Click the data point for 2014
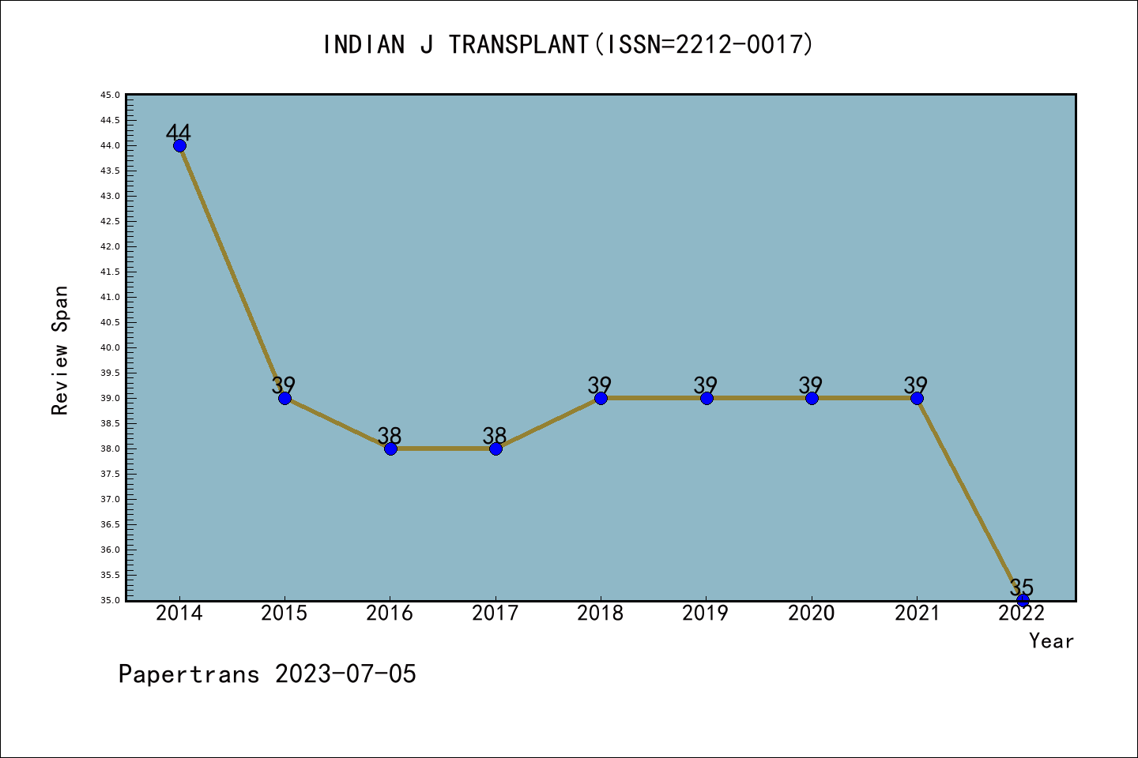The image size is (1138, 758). pyautogui.click(x=179, y=145)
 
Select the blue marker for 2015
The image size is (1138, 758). pyautogui.click(x=284, y=398)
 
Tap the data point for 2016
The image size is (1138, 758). pyautogui.click(x=390, y=448)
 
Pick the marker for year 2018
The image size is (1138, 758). pyautogui.click(x=601, y=398)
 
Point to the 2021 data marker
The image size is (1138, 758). pyautogui.click(x=917, y=398)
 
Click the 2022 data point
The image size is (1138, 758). pyautogui.click(x=1023, y=600)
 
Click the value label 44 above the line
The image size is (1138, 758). pyautogui.click(x=179, y=132)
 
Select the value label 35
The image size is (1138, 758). pyautogui.click(x=1022, y=587)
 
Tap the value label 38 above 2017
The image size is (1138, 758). pyautogui.click(x=495, y=435)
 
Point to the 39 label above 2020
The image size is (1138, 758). pyautogui.click(x=811, y=385)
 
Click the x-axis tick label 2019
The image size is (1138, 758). pyautogui.click(x=706, y=614)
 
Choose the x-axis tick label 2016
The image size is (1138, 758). pyautogui.click(x=390, y=614)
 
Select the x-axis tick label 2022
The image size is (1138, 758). pyautogui.click(x=1022, y=614)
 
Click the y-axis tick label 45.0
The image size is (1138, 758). pyautogui.click(x=110, y=95)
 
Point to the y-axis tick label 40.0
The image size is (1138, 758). pyautogui.click(x=110, y=347)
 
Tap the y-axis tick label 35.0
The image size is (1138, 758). pyautogui.click(x=110, y=600)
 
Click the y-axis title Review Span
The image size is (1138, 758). pyautogui.click(x=60, y=350)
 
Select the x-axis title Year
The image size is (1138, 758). pyautogui.click(x=1051, y=641)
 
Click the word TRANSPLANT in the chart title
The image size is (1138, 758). pyautogui.click(x=518, y=45)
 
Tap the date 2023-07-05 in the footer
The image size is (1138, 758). pyautogui.click(x=345, y=674)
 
